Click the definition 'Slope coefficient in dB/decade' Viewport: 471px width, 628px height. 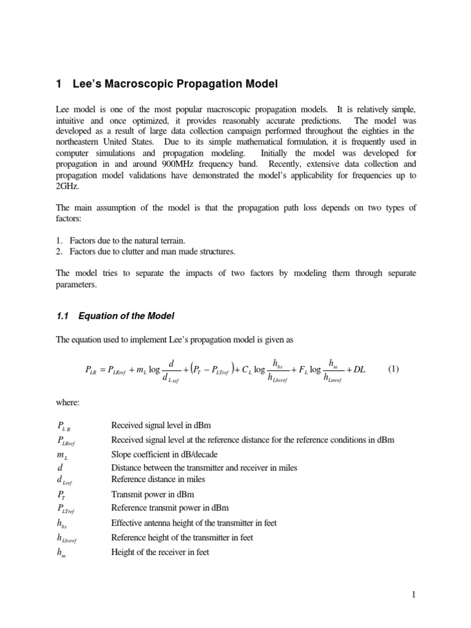click(x=164, y=454)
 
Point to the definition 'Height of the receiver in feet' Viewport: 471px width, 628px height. click(x=159, y=552)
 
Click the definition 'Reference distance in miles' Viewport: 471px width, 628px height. click(x=158, y=479)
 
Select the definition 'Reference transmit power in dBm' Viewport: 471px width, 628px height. click(x=170, y=507)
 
